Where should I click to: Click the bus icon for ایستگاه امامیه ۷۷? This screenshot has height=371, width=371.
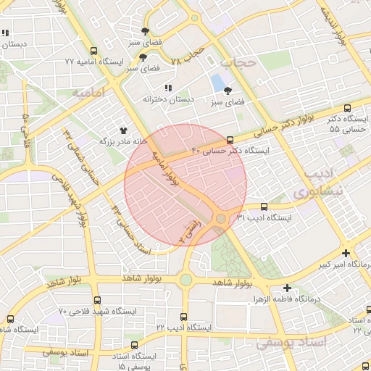click(x=93, y=51)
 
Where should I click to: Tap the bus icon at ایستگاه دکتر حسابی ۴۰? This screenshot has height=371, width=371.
click(x=230, y=140)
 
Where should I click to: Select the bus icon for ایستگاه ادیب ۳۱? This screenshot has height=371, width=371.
click(x=263, y=207)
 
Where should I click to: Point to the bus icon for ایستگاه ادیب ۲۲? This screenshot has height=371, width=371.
click(x=184, y=317)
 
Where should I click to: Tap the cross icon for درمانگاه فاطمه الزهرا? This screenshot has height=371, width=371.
click(x=288, y=288)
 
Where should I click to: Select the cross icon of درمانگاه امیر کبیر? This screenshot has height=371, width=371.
click(x=346, y=254)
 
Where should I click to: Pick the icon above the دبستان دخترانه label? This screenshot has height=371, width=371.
click(x=169, y=88)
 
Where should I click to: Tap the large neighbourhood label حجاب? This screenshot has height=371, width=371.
click(x=238, y=63)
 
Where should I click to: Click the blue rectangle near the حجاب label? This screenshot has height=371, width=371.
click(x=217, y=82)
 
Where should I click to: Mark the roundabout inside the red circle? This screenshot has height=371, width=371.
click(x=221, y=218)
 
